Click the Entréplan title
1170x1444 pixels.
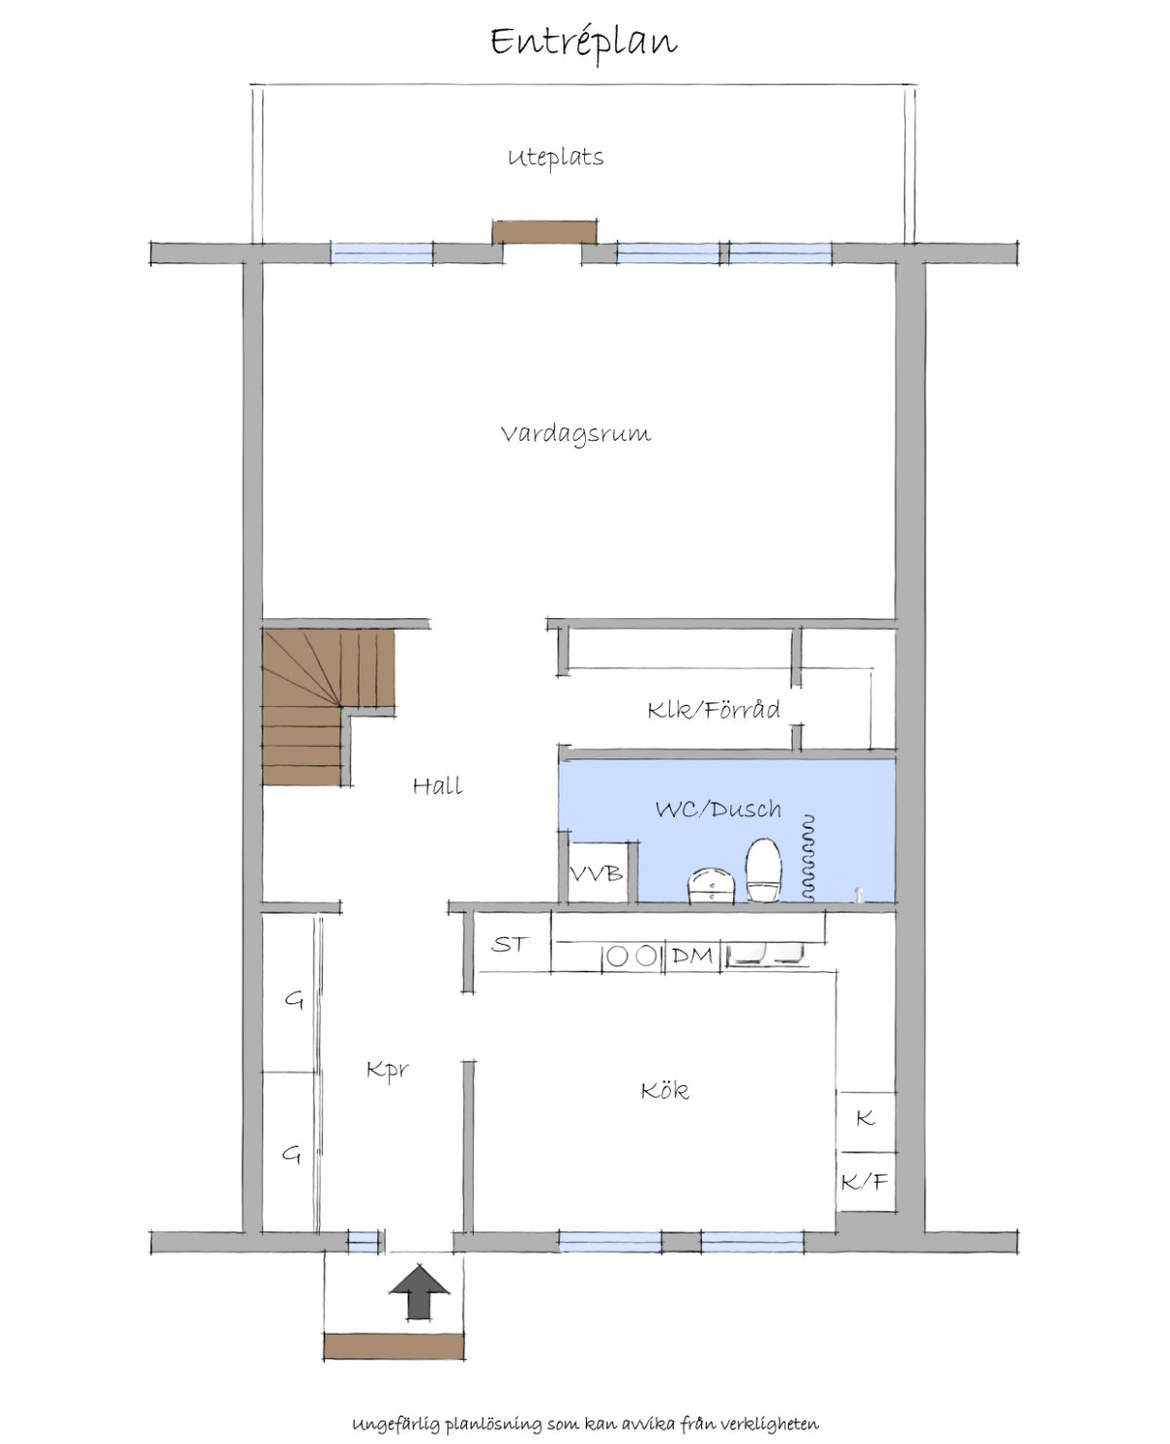584,43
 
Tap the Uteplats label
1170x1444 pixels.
556,158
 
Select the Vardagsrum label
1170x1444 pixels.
576,435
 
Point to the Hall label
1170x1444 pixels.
438,786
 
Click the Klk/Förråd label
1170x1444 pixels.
714,709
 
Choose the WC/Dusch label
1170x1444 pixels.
719,808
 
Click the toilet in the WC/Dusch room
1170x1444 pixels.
764,871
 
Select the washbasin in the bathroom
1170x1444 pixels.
711,886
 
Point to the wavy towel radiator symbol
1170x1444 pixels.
807,858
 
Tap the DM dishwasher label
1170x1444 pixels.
692,956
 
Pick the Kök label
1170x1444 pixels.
665,1090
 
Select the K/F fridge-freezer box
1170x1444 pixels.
866,1182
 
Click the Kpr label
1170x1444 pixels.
388,1071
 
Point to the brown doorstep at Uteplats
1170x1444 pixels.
545,232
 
